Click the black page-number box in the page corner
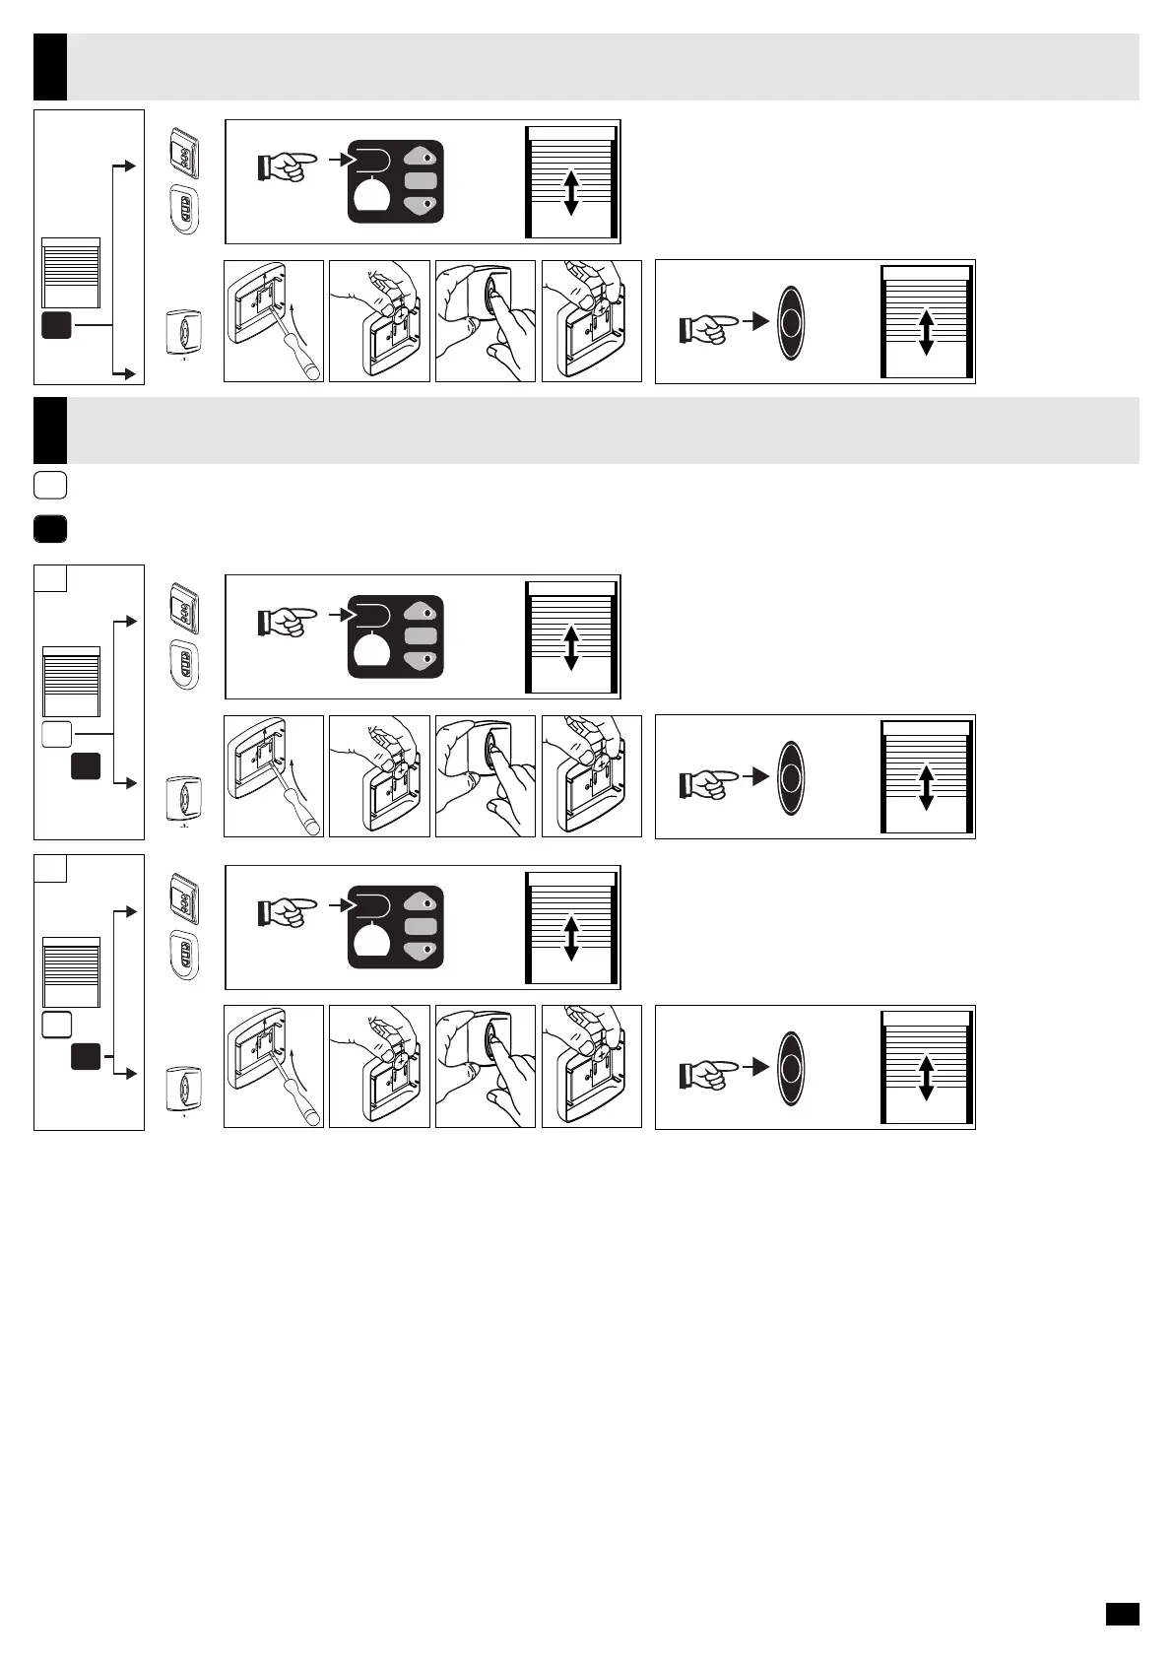[1122, 1614]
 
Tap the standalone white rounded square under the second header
[50, 485]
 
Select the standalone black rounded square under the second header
[50, 529]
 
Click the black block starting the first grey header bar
[50, 67]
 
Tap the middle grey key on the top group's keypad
[421, 180]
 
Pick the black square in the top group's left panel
[56, 325]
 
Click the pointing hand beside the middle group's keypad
[288, 622]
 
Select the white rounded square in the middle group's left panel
[57, 734]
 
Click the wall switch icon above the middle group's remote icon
[184, 608]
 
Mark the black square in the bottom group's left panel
[86, 1057]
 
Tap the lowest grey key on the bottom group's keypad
[421, 950]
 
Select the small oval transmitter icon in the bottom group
[184, 1088]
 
